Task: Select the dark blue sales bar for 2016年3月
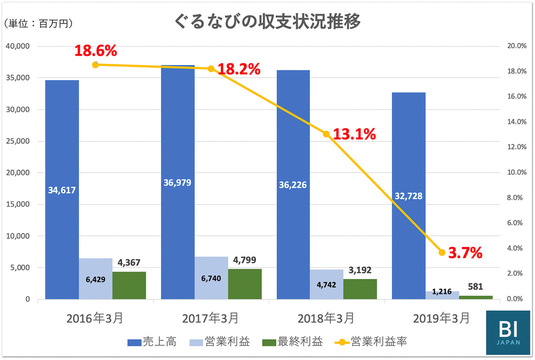[x=62, y=190]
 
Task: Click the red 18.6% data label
[x=95, y=49]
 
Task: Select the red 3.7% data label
[x=464, y=253]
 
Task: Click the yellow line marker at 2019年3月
[x=442, y=252]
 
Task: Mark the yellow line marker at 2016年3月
[x=95, y=64]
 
